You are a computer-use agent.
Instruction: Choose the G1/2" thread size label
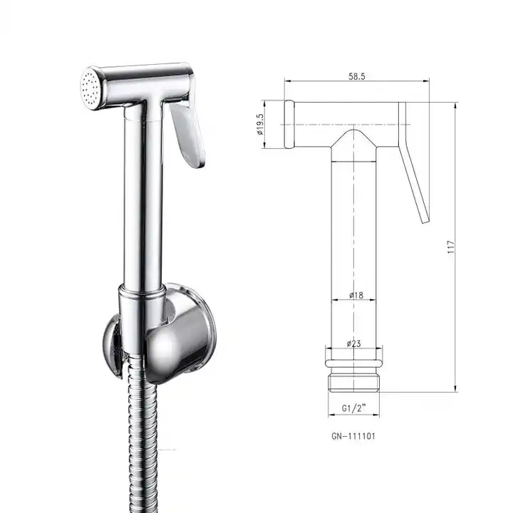click(x=353, y=408)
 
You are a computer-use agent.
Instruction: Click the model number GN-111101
click(x=353, y=437)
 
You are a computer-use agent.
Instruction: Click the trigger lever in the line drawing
click(x=415, y=171)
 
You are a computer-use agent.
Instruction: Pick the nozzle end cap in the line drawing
click(x=289, y=125)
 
